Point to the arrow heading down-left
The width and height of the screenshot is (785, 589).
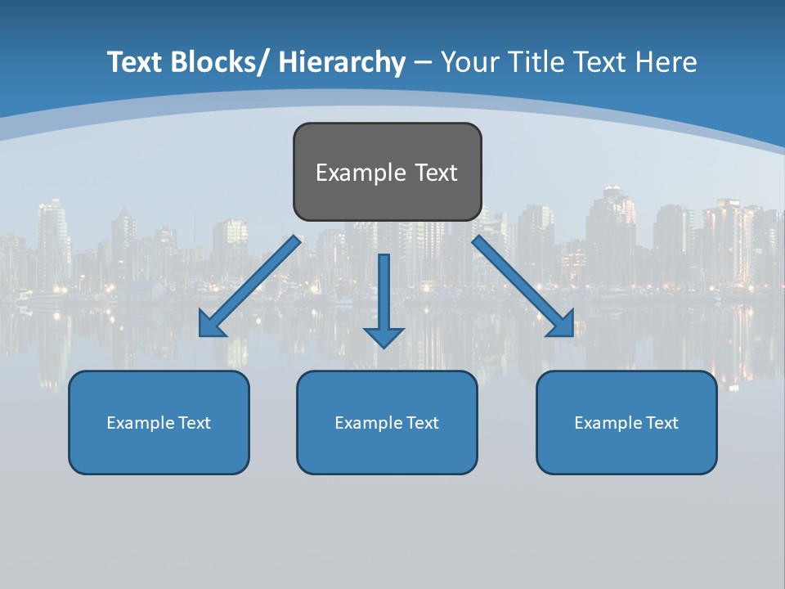[x=249, y=286]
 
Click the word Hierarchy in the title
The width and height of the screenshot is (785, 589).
[x=342, y=62]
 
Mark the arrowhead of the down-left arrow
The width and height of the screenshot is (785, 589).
[x=211, y=326]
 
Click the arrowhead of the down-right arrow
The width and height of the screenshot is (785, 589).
[x=562, y=325]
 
